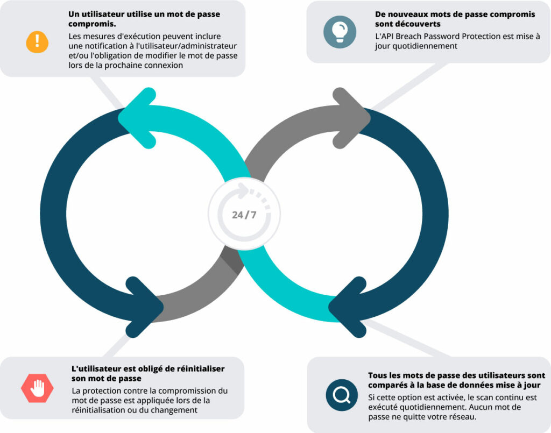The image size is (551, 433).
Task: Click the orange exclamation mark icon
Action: tap(37, 42)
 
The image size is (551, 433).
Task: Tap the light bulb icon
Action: tap(340, 32)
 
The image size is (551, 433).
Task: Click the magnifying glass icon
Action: tap(342, 395)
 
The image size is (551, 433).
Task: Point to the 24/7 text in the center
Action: tap(244, 215)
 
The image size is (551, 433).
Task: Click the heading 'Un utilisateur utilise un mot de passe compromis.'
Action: tap(144, 19)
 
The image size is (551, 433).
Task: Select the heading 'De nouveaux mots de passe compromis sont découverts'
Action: tap(455, 19)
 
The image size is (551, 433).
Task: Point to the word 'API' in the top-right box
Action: tap(387, 36)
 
